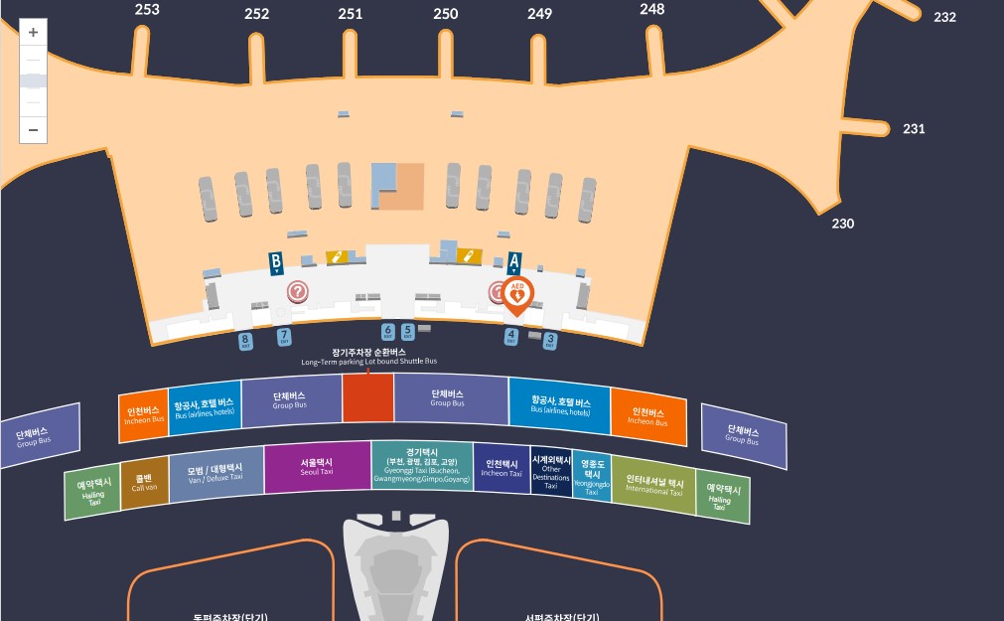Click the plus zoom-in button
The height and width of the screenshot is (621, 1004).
[33, 33]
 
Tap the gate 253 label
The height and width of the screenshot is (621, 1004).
[147, 10]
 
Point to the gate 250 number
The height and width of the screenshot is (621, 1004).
[446, 14]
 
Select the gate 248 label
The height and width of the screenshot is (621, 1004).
[652, 9]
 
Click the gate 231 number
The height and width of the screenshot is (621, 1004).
[914, 129]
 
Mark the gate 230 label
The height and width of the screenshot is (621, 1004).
[843, 224]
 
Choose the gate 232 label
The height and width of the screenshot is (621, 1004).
[944, 17]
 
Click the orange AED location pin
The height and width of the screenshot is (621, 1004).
[516, 294]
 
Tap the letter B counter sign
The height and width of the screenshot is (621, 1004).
[277, 263]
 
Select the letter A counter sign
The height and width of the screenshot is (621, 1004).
[513, 263]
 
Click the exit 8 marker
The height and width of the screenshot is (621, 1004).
[245, 341]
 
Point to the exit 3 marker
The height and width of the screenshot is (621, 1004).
[550, 341]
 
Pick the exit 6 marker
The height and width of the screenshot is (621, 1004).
[388, 332]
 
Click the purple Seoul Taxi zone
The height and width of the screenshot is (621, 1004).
[317, 467]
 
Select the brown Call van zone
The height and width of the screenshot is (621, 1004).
[144, 483]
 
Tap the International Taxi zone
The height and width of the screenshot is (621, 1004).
[653, 485]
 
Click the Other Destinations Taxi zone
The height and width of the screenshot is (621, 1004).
[551, 471]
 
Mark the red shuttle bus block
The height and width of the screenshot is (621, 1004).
[367, 398]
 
